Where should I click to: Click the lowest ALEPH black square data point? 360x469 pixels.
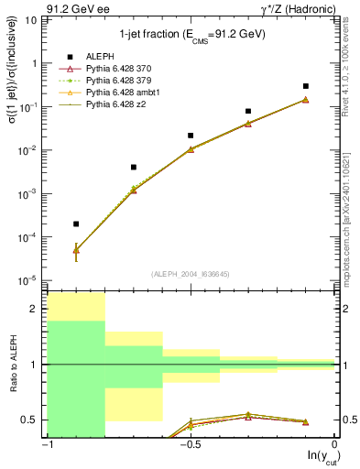(76, 224)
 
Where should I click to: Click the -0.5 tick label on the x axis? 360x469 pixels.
(189, 443)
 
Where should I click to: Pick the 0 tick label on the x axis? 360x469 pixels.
(334, 443)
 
